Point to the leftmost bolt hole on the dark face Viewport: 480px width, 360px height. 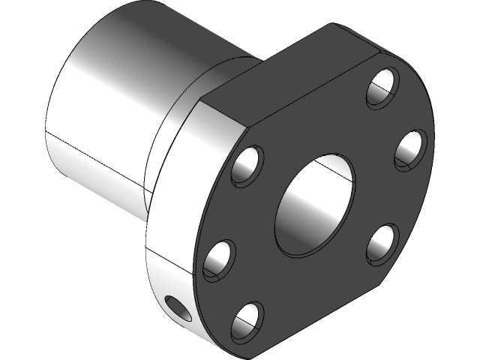[218, 259]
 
